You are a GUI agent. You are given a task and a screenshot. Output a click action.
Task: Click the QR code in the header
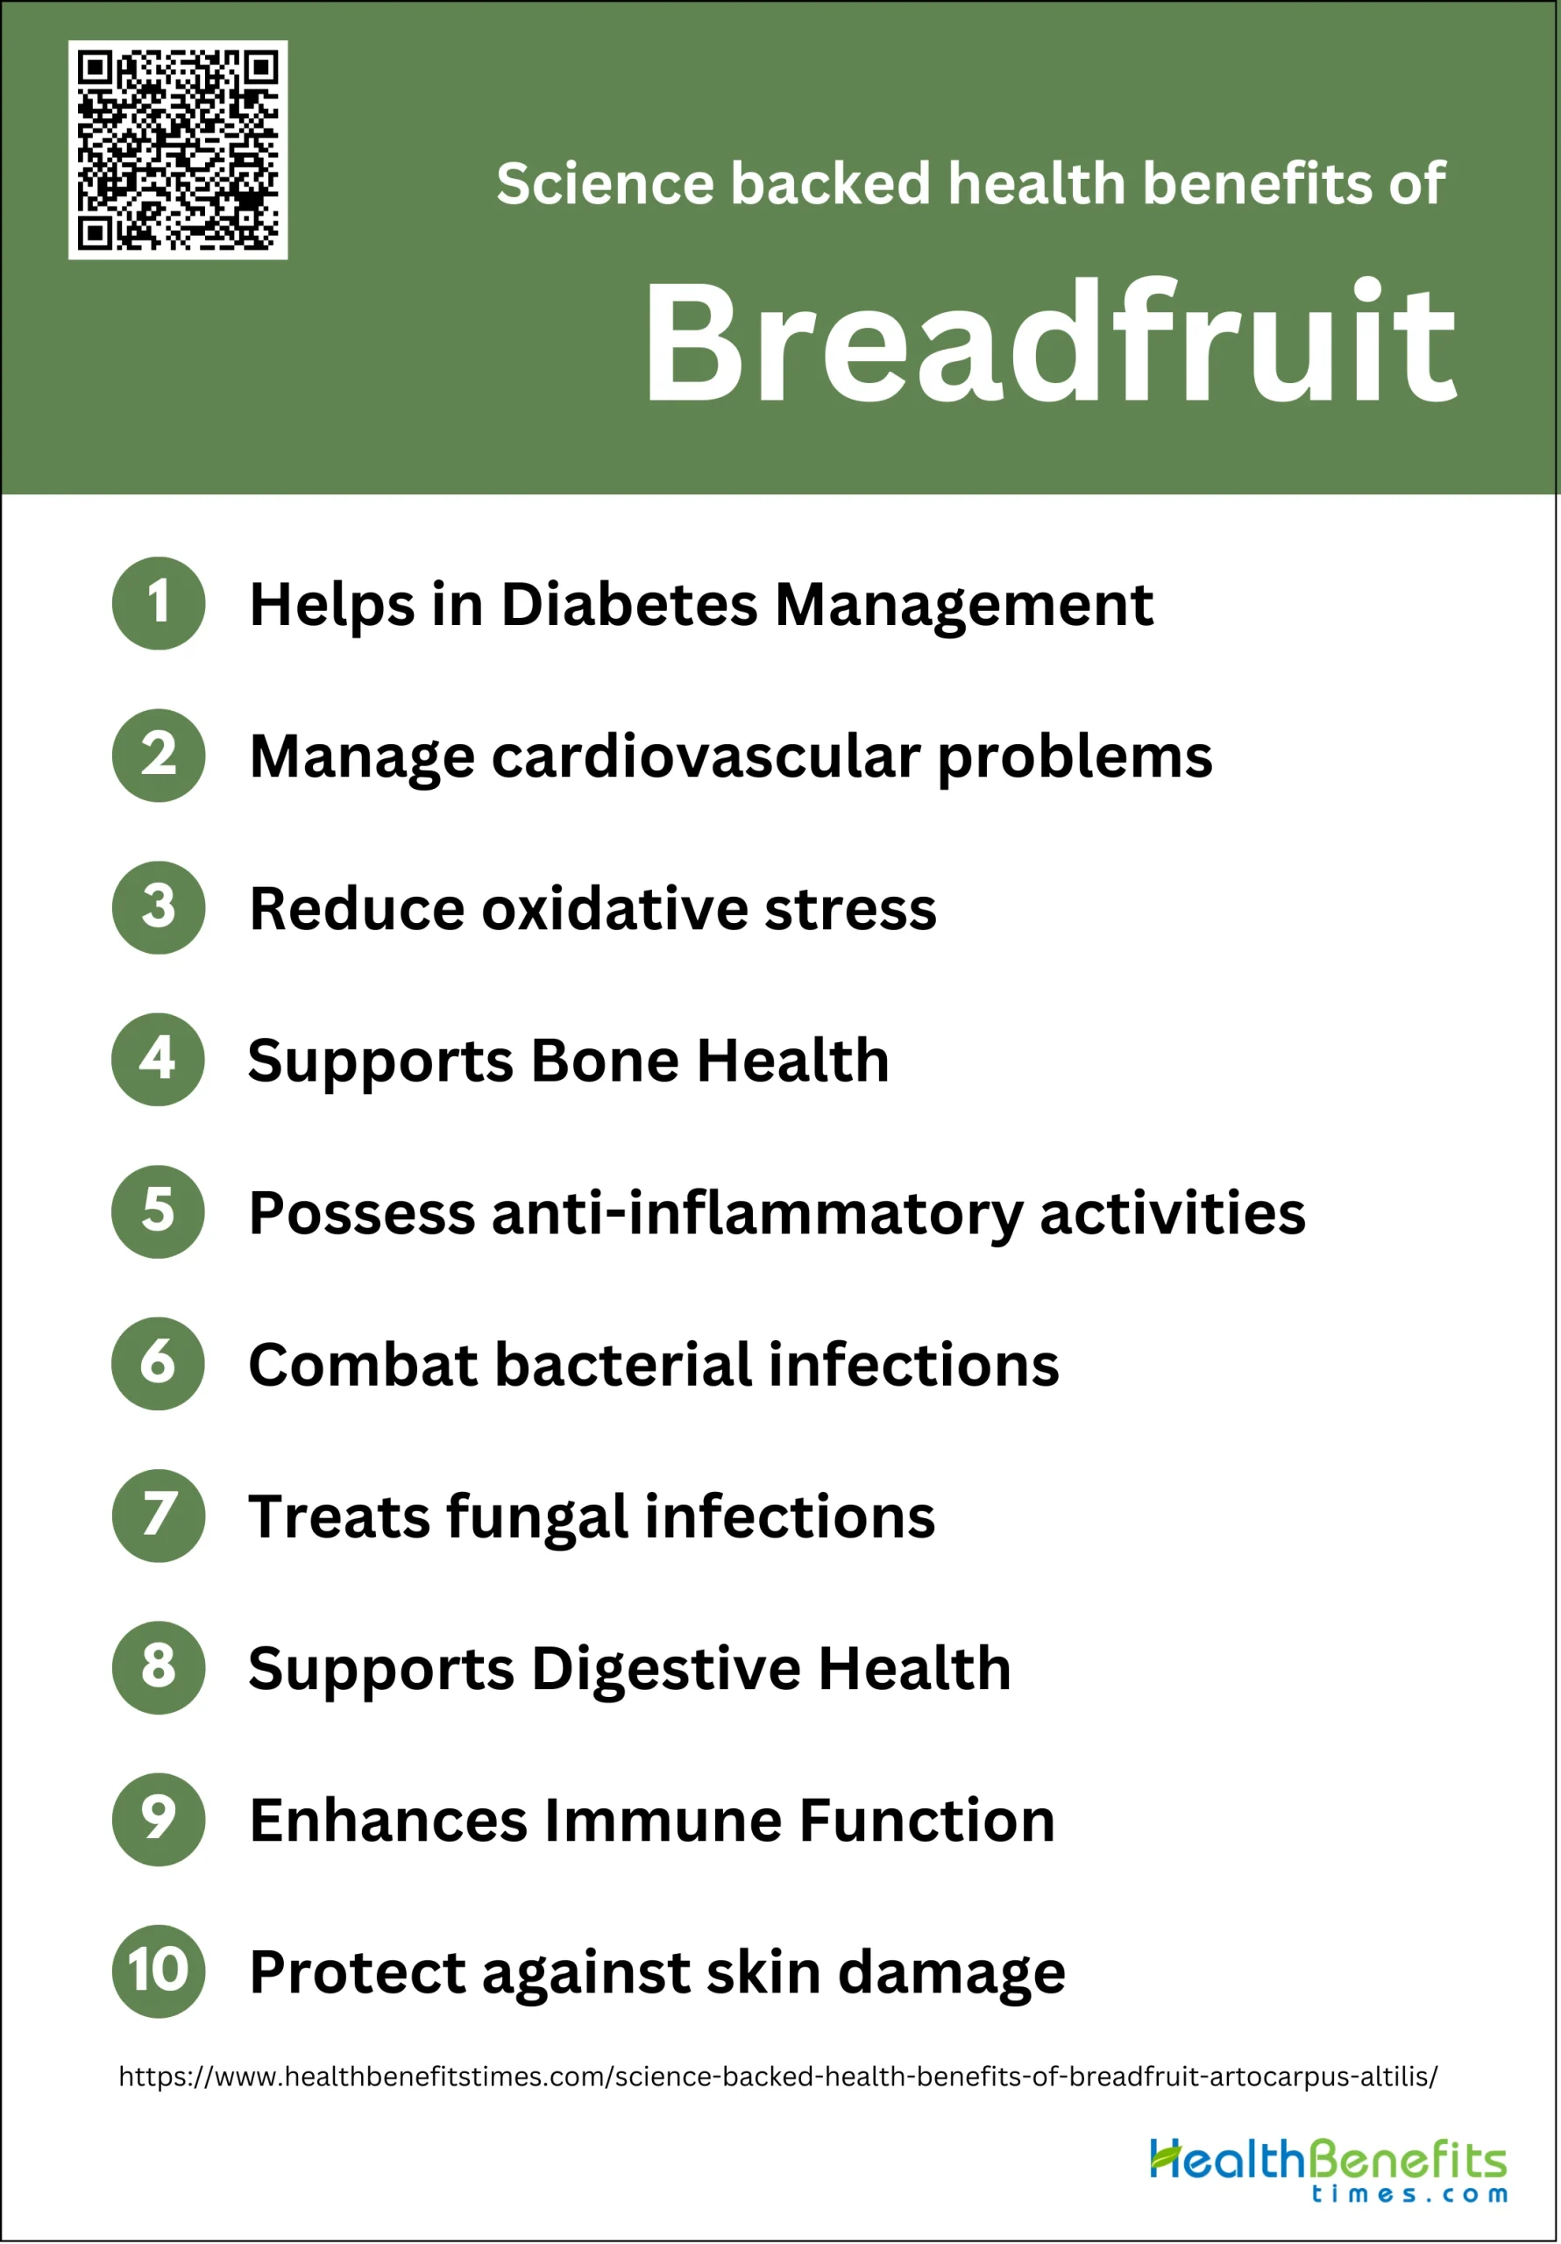coord(178,150)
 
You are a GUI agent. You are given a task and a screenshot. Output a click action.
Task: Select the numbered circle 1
coord(159,603)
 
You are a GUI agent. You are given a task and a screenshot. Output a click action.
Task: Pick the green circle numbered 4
coord(159,1060)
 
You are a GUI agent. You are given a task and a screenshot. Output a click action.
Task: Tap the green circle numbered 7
coord(159,1516)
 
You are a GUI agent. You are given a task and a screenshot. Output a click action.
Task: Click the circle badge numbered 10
coord(159,1971)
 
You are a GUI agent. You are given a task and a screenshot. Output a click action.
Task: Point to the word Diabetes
coord(629,604)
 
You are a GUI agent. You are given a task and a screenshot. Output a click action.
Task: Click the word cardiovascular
coord(706,756)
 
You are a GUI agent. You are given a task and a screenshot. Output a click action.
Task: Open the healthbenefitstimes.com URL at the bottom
coord(778,2077)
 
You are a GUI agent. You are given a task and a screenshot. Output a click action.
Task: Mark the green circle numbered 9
coord(159,1820)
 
